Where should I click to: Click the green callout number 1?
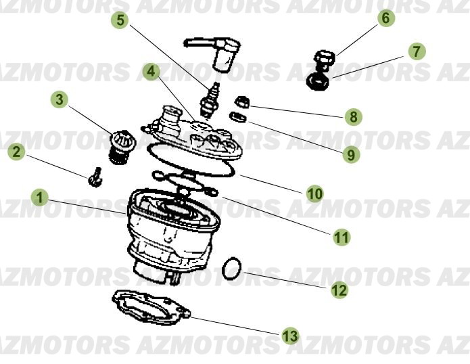coord(40,198)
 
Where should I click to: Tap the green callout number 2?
coord(16,152)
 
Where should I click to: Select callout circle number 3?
coord(60,99)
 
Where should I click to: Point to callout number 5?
coord(120,20)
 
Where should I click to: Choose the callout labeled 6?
coord(385,18)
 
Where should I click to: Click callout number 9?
coord(351,155)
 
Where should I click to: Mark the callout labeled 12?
coord(339,290)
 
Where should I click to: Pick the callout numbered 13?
coord(290,336)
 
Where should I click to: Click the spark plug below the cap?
coord(210,100)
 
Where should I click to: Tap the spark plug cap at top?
coord(215,54)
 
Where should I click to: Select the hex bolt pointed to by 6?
coord(325,61)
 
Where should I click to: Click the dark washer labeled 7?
coord(318,82)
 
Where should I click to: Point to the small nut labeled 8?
coord(242,102)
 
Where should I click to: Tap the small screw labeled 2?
coord(95,177)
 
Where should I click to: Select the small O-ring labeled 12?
coord(231,269)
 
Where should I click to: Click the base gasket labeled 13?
coord(151,307)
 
